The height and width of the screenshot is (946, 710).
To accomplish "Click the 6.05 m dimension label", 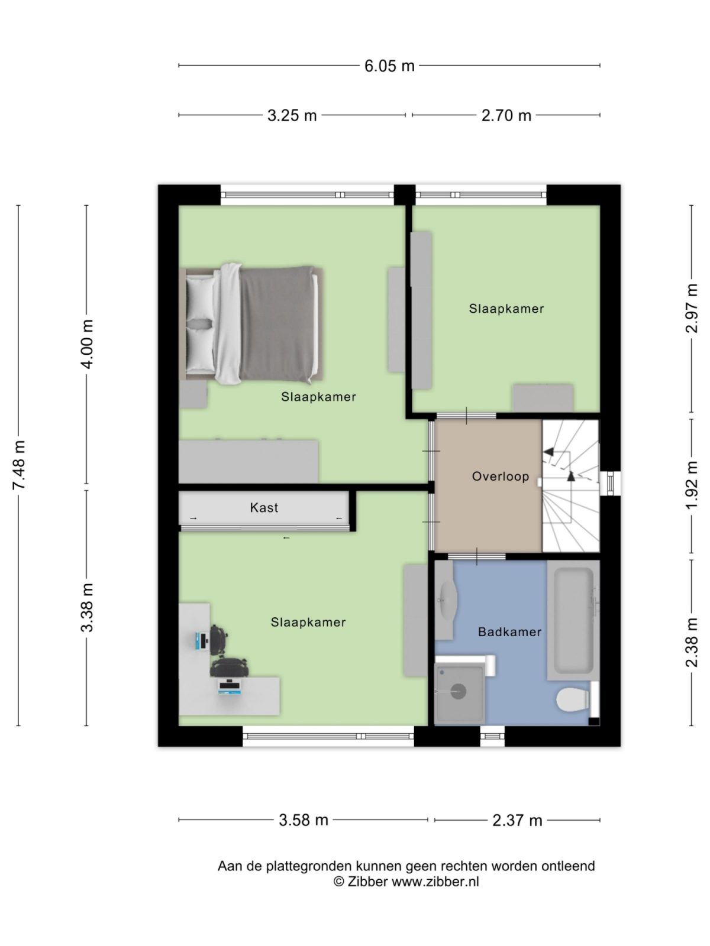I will click(x=389, y=66).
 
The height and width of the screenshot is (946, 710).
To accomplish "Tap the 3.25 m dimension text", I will click(x=292, y=115).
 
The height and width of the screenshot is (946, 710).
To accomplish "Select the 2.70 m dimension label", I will click(x=506, y=115).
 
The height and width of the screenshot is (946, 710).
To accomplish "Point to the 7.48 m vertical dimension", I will click(x=19, y=465).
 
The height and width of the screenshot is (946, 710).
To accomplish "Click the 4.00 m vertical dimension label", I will click(x=87, y=344).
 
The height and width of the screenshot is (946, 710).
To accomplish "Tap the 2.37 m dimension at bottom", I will click(x=517, y=820).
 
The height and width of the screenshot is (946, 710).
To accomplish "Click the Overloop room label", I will click(x=500, y=477).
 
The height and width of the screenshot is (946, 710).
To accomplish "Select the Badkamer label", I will click(x=509, y=632).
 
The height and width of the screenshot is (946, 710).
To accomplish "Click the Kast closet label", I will click(x=264, y=508).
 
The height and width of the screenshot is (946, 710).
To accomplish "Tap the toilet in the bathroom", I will click(x=572, y=701).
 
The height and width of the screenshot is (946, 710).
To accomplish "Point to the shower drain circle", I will click(x=459, y=691).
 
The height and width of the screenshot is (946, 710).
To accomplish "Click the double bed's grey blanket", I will click(x=277, y=323).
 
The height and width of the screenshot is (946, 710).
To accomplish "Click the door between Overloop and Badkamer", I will click(x=476, y=556).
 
